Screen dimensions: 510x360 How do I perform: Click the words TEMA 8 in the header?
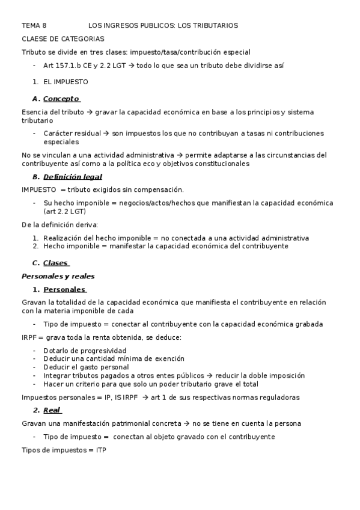tap(34, 26)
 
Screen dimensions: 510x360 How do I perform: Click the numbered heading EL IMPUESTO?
tap(66, 82)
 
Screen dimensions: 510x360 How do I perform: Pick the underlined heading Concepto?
tap(61, 99)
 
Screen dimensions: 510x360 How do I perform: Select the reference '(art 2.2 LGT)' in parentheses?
tap(65, 212)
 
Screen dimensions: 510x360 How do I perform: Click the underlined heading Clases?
tap(56, 263)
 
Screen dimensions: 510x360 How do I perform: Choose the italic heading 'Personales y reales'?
tap(58, 276)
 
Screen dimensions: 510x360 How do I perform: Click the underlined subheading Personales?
tap(64, 289)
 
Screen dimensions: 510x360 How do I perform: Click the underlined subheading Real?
tap(52, 410)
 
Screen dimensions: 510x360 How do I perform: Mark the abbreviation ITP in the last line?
tap(100, 450)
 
